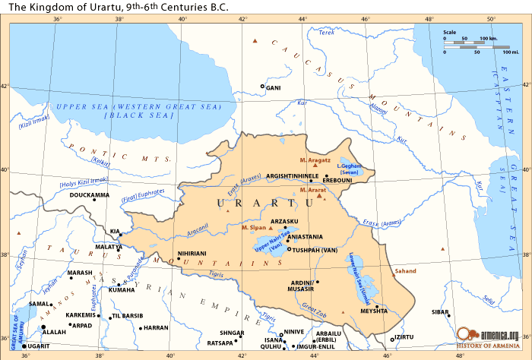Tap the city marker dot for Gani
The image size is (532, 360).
[x=263, y=87]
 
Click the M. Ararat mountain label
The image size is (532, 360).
[x=312, y=189]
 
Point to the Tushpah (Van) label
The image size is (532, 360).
[x=315, y=249]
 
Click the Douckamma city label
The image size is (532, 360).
[x=89, y=196]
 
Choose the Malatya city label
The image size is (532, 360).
[x=109, y=248]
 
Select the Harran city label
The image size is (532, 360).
[x=156, y=328]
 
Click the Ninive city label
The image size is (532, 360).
[x=293, y=332]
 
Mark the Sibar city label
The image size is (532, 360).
[x=440, y=312]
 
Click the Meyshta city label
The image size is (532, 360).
[x=374, y=311]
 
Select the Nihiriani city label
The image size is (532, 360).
[x=192, y=253]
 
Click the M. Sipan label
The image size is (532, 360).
[x=253, y=227]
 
